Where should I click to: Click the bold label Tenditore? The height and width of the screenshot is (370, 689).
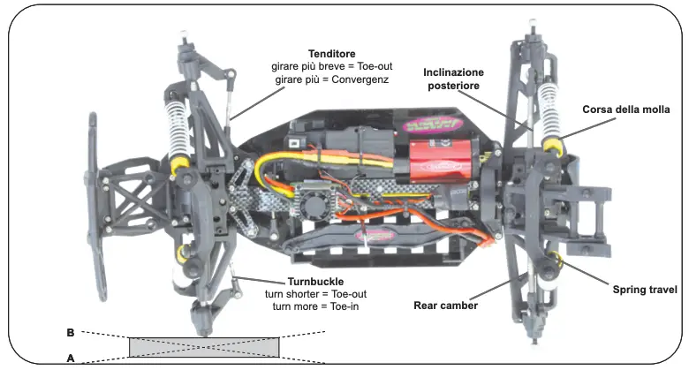331,54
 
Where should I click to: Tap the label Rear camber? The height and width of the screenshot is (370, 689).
446,306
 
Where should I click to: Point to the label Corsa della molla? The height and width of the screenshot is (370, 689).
626,109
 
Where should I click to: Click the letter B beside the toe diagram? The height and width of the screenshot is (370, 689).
70,333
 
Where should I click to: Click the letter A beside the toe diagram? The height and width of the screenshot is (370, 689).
70,358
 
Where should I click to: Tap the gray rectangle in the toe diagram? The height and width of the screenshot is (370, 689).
204,346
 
